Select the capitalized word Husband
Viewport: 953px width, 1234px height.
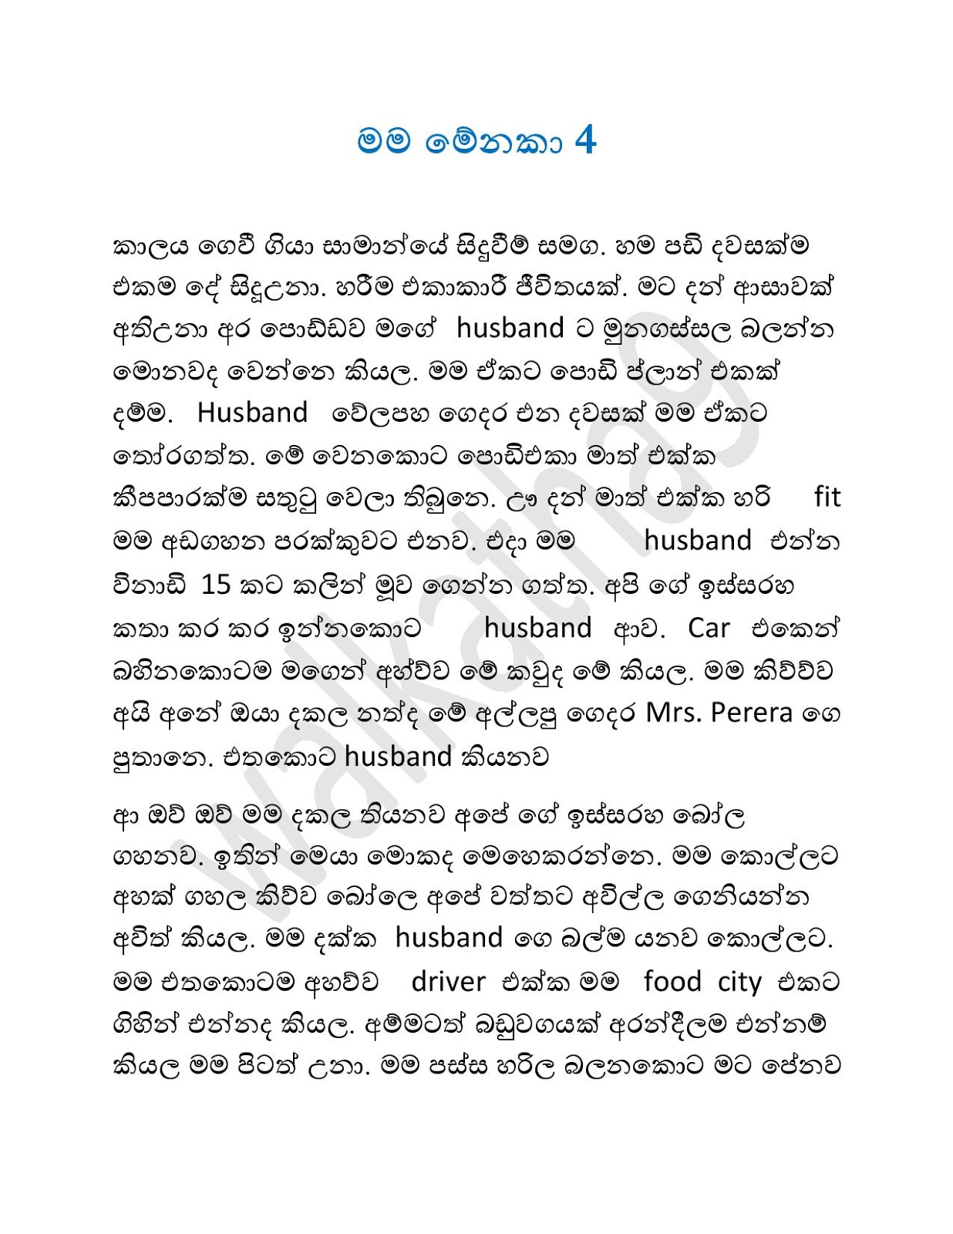tap(252, 413)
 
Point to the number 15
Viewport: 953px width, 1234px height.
tap(216, 585)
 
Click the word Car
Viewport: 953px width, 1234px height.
tap(708, 628)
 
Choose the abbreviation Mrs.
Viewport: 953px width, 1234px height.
tap(673, 713)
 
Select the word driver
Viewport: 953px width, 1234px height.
tap(448, 981)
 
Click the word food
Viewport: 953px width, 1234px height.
tap(672, 981)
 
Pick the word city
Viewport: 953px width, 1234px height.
tap(739, 983)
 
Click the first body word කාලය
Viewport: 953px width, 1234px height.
tap(150, 247)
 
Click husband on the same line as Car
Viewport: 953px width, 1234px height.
tap(537, 628)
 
